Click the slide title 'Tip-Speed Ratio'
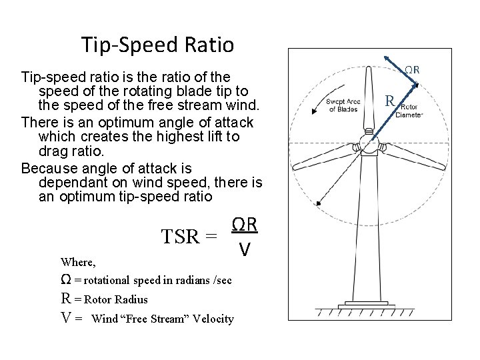pos(157,45)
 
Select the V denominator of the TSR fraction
pos(245,249)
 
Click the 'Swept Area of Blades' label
pos(343,105)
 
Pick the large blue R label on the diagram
pos(392,101)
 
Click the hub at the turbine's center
pos(368,145)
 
